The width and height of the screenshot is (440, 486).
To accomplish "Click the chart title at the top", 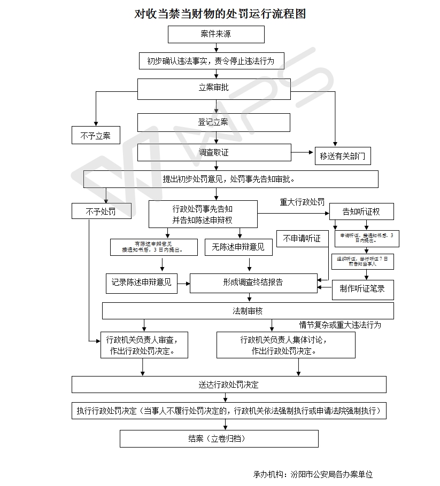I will click(220, 14).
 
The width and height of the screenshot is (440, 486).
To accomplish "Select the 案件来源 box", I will click(216, 34).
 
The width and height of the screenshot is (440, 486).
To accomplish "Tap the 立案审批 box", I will click(214, 88).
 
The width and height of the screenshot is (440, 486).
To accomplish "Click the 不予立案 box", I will click(96, 135).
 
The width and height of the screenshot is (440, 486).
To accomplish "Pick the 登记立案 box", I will click(214, 122).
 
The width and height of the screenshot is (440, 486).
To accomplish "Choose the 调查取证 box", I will click(214, 152).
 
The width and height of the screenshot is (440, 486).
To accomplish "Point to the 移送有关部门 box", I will click(342, 156).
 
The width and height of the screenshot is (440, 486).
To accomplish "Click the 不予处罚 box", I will click(101, 211).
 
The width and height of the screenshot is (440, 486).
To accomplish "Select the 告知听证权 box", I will click(361, 211).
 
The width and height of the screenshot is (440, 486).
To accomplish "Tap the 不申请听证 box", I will click(302, 239).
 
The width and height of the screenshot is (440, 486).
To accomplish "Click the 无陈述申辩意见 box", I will click(238, 246).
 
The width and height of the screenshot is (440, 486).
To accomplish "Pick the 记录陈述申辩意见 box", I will click(142, 283).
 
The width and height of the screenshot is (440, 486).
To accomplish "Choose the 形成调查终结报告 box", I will click(253, 283).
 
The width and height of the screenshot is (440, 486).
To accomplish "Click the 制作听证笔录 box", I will click(362, 289).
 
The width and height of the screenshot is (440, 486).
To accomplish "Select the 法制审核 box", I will click(248, 311).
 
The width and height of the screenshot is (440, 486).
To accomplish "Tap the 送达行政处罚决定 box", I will click(229, 385).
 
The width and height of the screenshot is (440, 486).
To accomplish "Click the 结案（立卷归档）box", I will click(219, 438).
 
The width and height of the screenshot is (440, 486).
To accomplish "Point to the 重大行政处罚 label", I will click(302, 202).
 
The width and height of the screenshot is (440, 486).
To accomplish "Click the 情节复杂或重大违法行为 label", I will click(340, 324).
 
